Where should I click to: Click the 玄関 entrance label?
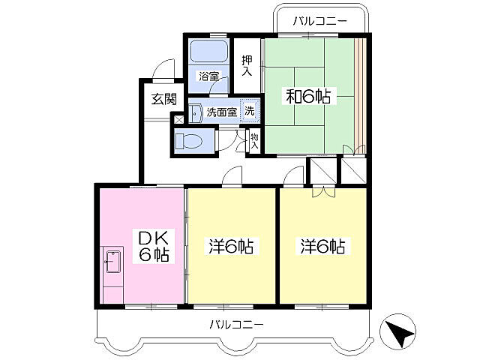(x=163, y=97)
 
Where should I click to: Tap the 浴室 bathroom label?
(x=208, y=76)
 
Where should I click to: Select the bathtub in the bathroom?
(x=208, y=52)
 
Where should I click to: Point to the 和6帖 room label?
(x=308, y=96)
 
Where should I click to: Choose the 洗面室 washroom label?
(x=222, y=112)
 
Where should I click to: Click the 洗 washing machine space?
(x=250, y=109)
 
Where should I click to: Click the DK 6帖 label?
(x=153, y=245)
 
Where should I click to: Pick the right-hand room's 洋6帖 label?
(x=324, y=245)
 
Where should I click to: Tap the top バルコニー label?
(x=320, y=21)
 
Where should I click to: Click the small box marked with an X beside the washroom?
(x=178, y=118)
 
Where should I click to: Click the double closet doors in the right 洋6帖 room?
(x=323, y=192)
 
